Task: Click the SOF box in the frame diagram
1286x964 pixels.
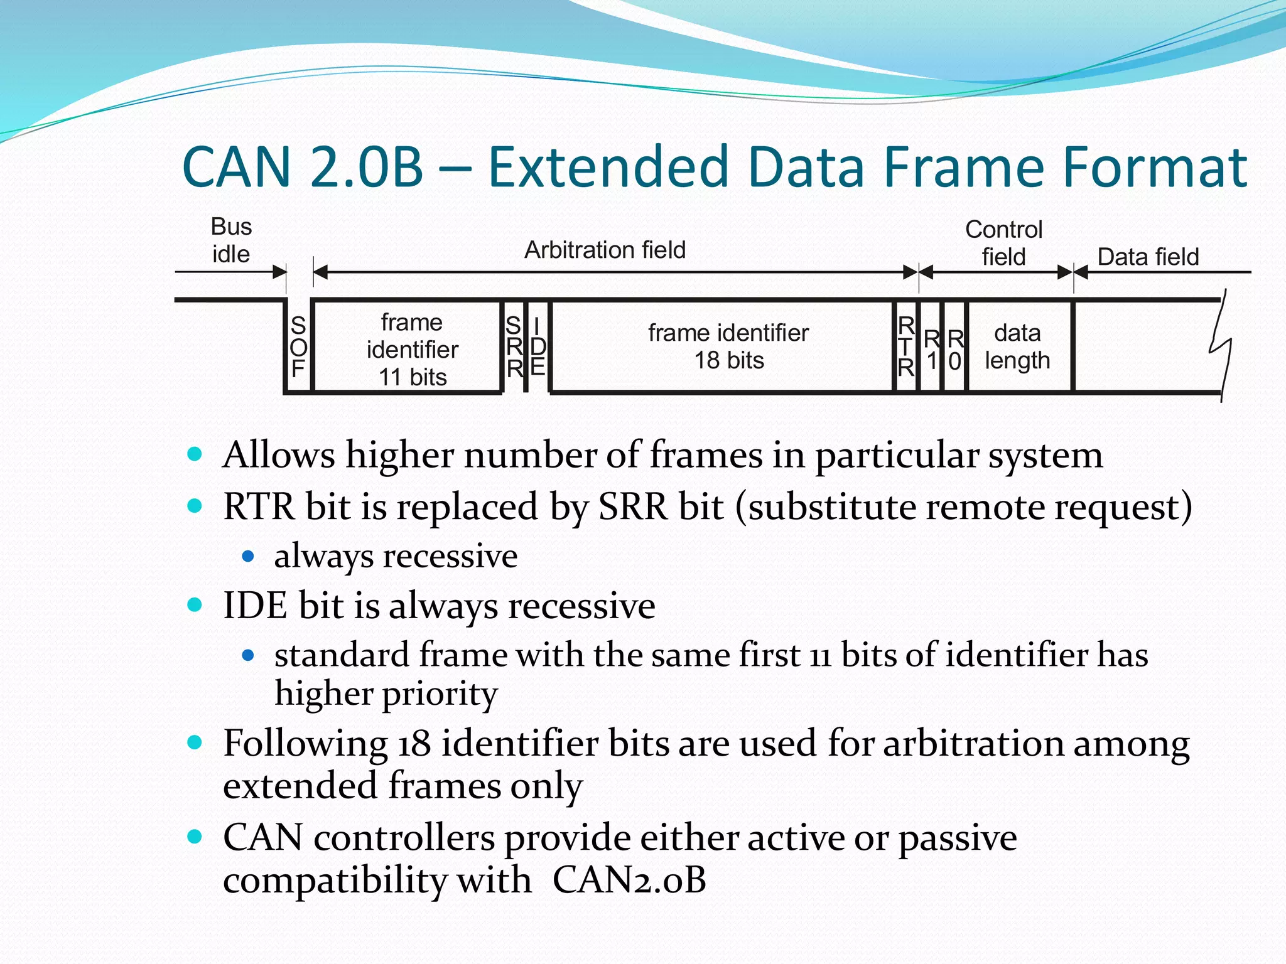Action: [x=298, y=347]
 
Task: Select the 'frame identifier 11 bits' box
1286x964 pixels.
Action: [x=412, y=349]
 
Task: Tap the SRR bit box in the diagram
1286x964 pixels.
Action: [x=514, y=347]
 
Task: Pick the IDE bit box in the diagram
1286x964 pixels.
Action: [x=538, y=347]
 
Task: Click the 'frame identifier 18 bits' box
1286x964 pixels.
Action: [x=728, y=346]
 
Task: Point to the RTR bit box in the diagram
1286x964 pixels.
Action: [x=905, y=347]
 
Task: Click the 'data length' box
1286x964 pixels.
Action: [x=1017, y=346]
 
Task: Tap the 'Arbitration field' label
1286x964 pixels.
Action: [x=605, y=250]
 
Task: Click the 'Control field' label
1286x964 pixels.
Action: [x=1003, y=243]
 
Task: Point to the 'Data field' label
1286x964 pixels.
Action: [x=1148, y=257]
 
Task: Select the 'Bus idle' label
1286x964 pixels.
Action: [x=231, y=240]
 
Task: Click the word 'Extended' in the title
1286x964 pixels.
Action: [x=608, y=167]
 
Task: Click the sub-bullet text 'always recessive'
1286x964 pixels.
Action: [x=396, y=556]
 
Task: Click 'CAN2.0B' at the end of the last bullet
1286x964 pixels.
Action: [x=629, y=879]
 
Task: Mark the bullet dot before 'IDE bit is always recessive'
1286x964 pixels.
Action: [x=195, y=605]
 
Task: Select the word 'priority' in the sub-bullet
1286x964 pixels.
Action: [x=440, y=694]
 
